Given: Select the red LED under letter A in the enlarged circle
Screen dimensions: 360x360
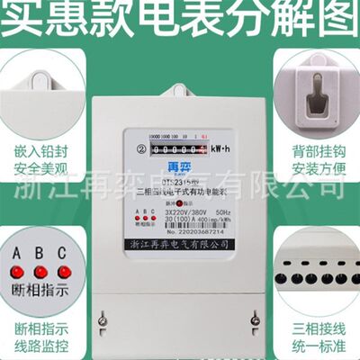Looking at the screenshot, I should (x=18, y=270).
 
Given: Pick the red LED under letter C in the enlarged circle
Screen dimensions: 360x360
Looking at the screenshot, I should (x=61, y=270).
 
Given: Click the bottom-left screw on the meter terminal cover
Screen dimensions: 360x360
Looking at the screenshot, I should (x=104, y=318).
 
